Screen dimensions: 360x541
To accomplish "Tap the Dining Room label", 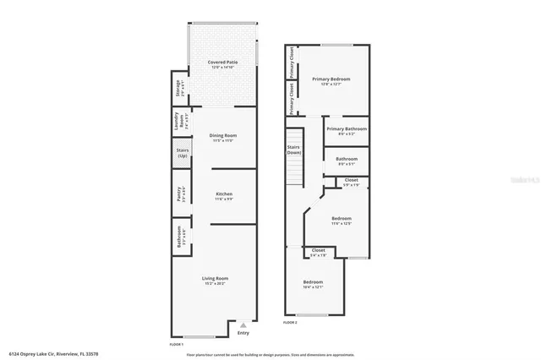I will (x=223, y=138).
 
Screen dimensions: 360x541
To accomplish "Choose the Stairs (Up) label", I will (x=181, y=155).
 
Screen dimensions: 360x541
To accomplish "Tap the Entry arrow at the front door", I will (x=243, y=325).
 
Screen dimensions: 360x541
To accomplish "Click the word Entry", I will (x=243, y=333).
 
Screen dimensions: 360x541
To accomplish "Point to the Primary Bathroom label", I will (x=346, y=130).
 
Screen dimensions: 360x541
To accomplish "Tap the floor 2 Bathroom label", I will (x=347, y=161).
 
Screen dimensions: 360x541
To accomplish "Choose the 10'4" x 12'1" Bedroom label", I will (x=313, y=284).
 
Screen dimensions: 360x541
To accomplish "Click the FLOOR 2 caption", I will (x=290, y=324).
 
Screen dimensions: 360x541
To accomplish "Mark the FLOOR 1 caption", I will (x=177, y=345).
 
